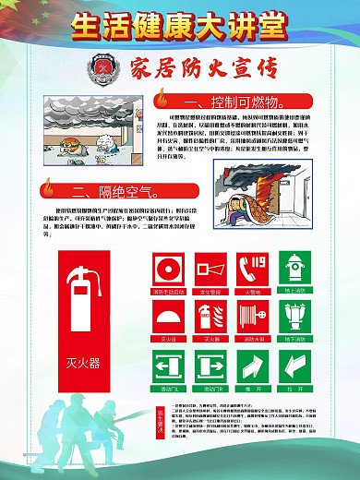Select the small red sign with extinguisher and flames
pos(210,319)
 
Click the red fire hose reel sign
pos(252,319)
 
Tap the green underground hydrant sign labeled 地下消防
pos(294,319)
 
